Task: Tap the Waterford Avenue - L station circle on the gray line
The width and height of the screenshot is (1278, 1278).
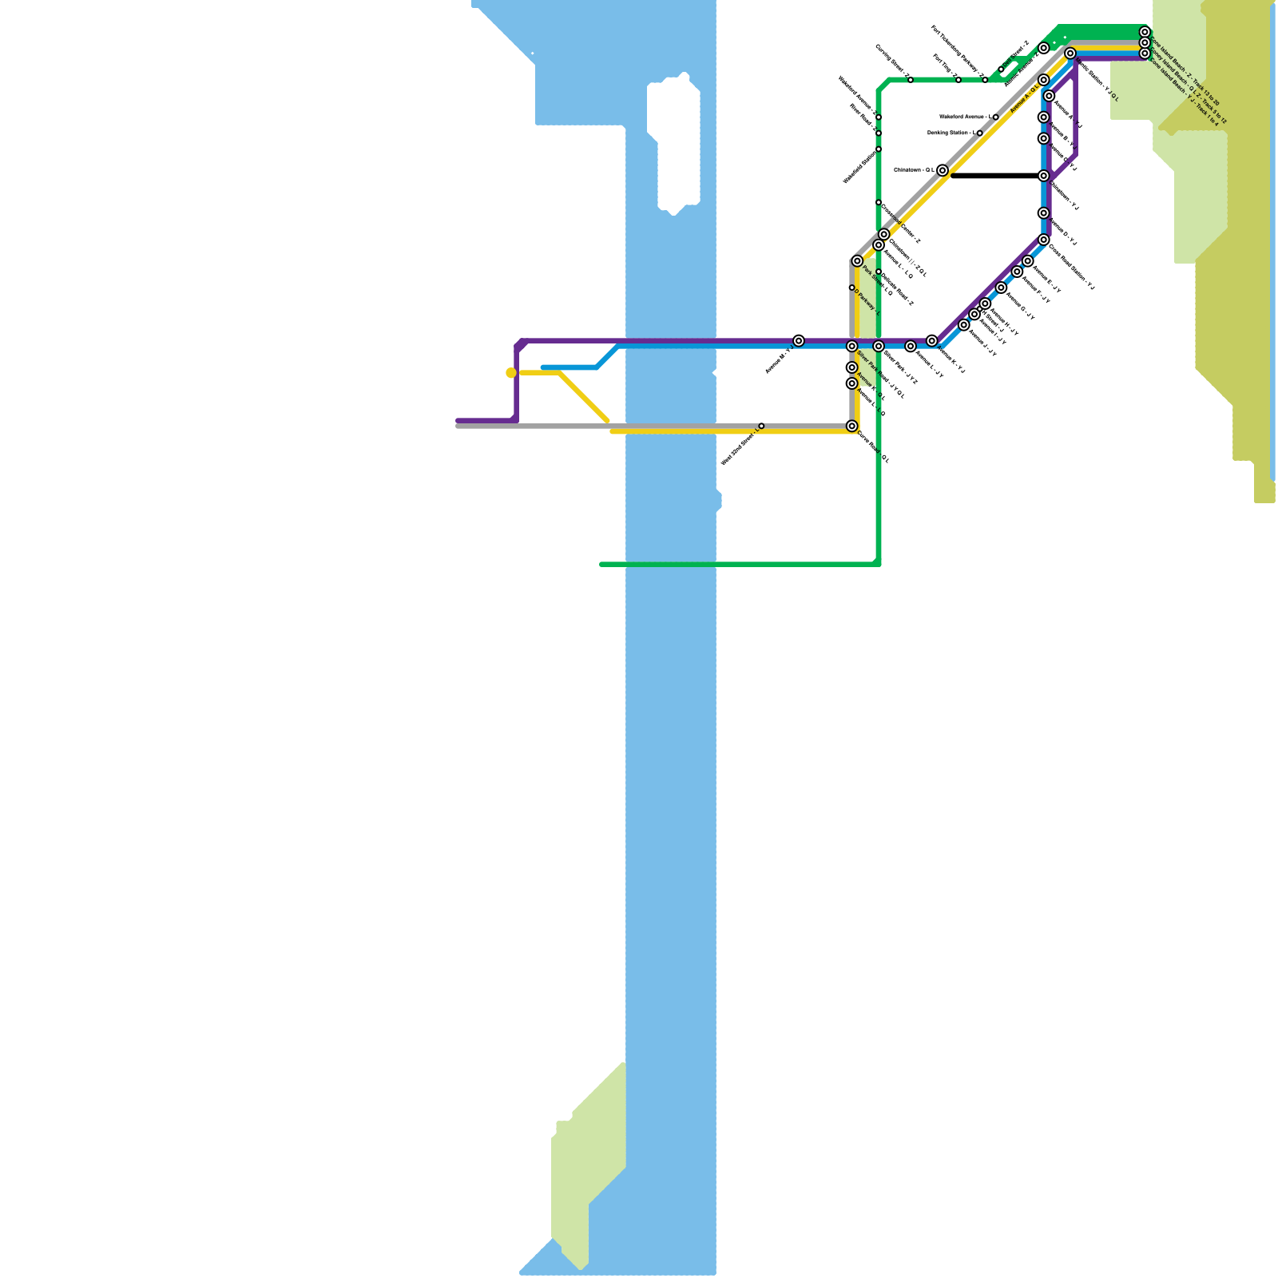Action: click(x=995, y=117)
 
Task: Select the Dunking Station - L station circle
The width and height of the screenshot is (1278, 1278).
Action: click(x=979, y=133)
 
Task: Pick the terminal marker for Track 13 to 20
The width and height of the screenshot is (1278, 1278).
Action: click(x=1145, y=32)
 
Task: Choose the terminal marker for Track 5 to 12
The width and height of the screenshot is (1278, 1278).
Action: click(x=1145, y=42)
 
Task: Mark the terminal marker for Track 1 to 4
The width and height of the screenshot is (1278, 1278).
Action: click(x=1145, y=54)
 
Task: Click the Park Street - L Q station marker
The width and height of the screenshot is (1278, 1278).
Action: click(x=857, y=261)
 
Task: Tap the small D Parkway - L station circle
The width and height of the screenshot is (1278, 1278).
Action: click(x=851, y=288)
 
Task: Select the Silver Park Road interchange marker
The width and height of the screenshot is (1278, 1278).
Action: click(x=851, y=346)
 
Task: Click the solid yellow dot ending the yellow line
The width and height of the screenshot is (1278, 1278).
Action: click(x=511, y=372)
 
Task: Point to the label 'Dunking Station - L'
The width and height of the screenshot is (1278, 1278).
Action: click(x=950, y=133)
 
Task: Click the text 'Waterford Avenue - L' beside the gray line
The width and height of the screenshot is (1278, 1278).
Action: click(x=965, y=117)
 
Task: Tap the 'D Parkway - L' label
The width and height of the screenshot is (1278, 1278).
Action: click(x=867, y=302)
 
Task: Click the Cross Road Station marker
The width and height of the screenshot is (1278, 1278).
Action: click(x=1043, y=240)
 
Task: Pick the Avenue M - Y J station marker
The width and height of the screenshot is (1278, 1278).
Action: click(x=799, y=341)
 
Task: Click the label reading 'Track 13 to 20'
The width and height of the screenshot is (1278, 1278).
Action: click(x=1206, y=97)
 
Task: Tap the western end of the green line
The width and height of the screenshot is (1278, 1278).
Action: click(x=601, y=564)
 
